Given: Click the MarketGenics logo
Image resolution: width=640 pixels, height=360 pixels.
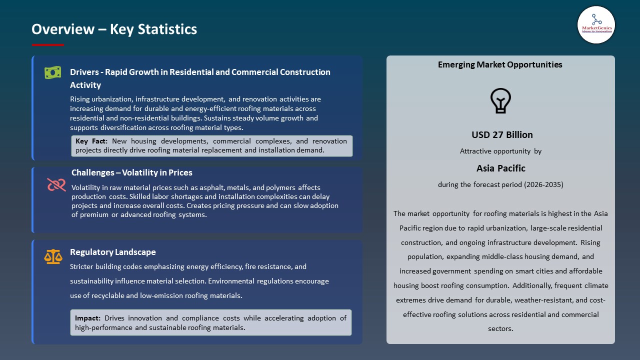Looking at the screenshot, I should [596, 24].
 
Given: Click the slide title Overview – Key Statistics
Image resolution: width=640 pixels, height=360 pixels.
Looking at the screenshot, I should [114, 29].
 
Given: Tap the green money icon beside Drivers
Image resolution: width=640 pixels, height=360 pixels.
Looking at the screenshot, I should [52, 73].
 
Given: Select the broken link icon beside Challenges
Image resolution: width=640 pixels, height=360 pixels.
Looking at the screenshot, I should [56, 185].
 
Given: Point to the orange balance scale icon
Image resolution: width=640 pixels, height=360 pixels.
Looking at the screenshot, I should [53, 256].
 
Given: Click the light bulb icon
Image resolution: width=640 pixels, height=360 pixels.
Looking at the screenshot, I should [500, 100].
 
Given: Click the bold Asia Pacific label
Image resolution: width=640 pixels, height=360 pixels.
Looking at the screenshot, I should [500, 168].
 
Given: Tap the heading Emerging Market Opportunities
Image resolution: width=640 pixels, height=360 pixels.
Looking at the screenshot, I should [500, 64].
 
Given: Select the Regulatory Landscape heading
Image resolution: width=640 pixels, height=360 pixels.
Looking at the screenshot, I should [113, 252].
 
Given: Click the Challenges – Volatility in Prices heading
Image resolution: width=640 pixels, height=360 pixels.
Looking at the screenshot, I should [132, 172].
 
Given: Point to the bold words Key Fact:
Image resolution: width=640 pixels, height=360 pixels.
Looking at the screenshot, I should [91, 141].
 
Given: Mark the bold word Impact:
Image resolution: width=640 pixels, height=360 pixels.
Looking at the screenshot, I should [88, 318].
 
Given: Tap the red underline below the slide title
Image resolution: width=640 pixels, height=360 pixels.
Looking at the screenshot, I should [48, 45].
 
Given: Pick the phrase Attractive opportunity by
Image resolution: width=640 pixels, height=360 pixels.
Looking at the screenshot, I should [500, 151].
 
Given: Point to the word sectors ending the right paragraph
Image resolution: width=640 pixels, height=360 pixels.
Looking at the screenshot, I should [500, 328].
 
